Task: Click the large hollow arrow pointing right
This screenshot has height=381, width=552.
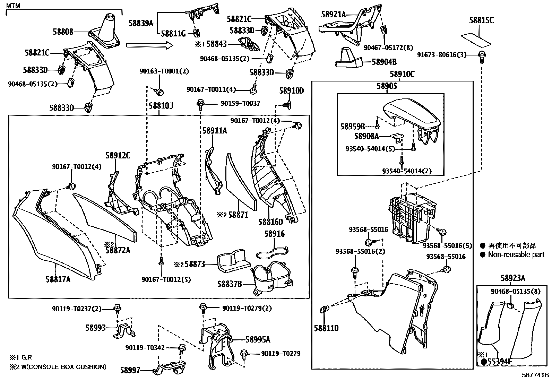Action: tap(149, 45)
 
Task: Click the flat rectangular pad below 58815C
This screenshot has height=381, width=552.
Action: tap(476, 39)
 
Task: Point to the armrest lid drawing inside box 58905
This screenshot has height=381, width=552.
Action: tap(413, 114)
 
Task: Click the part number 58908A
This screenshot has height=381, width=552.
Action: tap(366, 136)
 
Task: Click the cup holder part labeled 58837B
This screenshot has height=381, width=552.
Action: tap(274, 277)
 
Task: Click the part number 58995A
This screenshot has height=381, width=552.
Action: tap(258, 340)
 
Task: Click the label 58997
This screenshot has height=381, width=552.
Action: tap(130, 370)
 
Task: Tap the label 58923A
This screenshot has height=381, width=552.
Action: tap(512, 278)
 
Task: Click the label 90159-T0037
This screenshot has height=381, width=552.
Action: tap(240, 103)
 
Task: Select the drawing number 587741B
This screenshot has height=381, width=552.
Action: tap(536, 375)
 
